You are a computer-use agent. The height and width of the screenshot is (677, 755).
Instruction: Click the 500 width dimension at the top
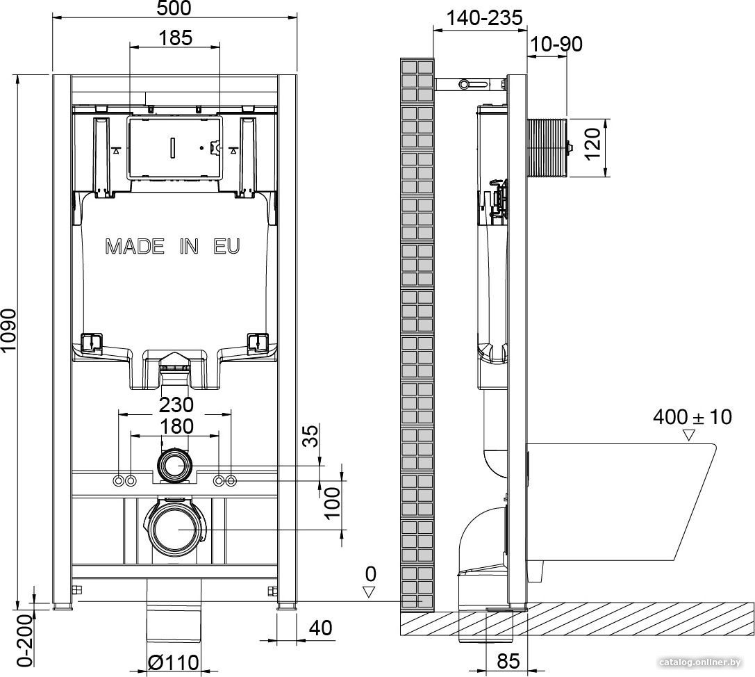[x=174, y=8]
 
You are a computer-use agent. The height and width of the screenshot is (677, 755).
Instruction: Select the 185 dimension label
[x=175, y=38]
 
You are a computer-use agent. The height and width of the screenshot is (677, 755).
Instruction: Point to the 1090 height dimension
[x=8, y=337]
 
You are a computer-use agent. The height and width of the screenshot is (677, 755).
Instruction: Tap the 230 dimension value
[x=176, y=405]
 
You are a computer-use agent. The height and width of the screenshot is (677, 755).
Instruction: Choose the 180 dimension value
[x=176, y=427]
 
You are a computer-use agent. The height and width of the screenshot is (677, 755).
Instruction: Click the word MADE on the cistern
[x=135, y=247]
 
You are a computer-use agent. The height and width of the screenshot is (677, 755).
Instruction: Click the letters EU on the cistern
[x=227, y=247]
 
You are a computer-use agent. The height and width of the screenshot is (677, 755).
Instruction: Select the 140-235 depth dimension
[x=484, y=18]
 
